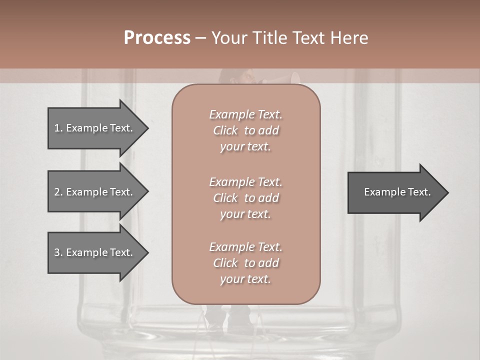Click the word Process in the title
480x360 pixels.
point(157,38)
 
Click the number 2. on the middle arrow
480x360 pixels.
point(58,192)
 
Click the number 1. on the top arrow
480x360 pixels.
point(58,128)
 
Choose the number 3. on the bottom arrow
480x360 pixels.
point(58,252)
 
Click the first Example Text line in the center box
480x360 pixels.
point(245,114)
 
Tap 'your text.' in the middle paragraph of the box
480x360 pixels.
point(245,214)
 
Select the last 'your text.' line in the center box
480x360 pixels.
point(245,279)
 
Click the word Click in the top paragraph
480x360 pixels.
point(225,130)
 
